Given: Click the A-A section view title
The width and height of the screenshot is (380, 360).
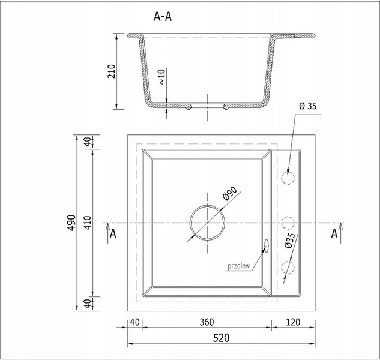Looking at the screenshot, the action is click(x=163, y=17).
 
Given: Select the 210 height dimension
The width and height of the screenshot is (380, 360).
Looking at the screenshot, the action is click(x=112, y=71).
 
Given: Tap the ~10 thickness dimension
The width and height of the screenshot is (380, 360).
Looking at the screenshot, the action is click(x=162, y=77).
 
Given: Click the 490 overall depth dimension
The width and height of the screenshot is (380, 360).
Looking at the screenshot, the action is click(x=71, y=223).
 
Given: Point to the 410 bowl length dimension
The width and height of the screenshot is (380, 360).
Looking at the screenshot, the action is click(x=88, y=223).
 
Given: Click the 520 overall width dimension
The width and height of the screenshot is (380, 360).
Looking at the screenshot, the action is click(x=221, y=338).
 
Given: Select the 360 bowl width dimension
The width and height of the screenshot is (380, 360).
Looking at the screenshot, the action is click(x=207, y=322).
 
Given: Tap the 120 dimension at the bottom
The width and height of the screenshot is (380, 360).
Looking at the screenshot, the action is click(x=293, y=322).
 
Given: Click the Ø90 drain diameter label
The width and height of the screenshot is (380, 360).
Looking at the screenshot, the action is click(x=229, y=193).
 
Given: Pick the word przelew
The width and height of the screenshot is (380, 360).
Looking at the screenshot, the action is click(x=239, y=266).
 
